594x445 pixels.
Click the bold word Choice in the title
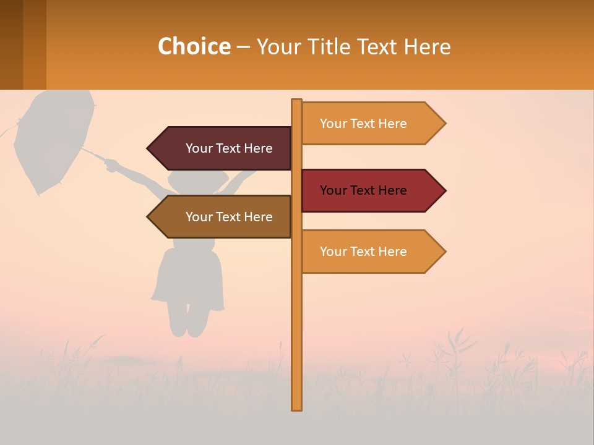194,46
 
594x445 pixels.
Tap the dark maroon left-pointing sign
223,148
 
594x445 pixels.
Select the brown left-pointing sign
223,217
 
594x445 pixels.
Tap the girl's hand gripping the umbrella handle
111,165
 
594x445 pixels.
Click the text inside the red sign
363,190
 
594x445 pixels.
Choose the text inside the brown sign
229,217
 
